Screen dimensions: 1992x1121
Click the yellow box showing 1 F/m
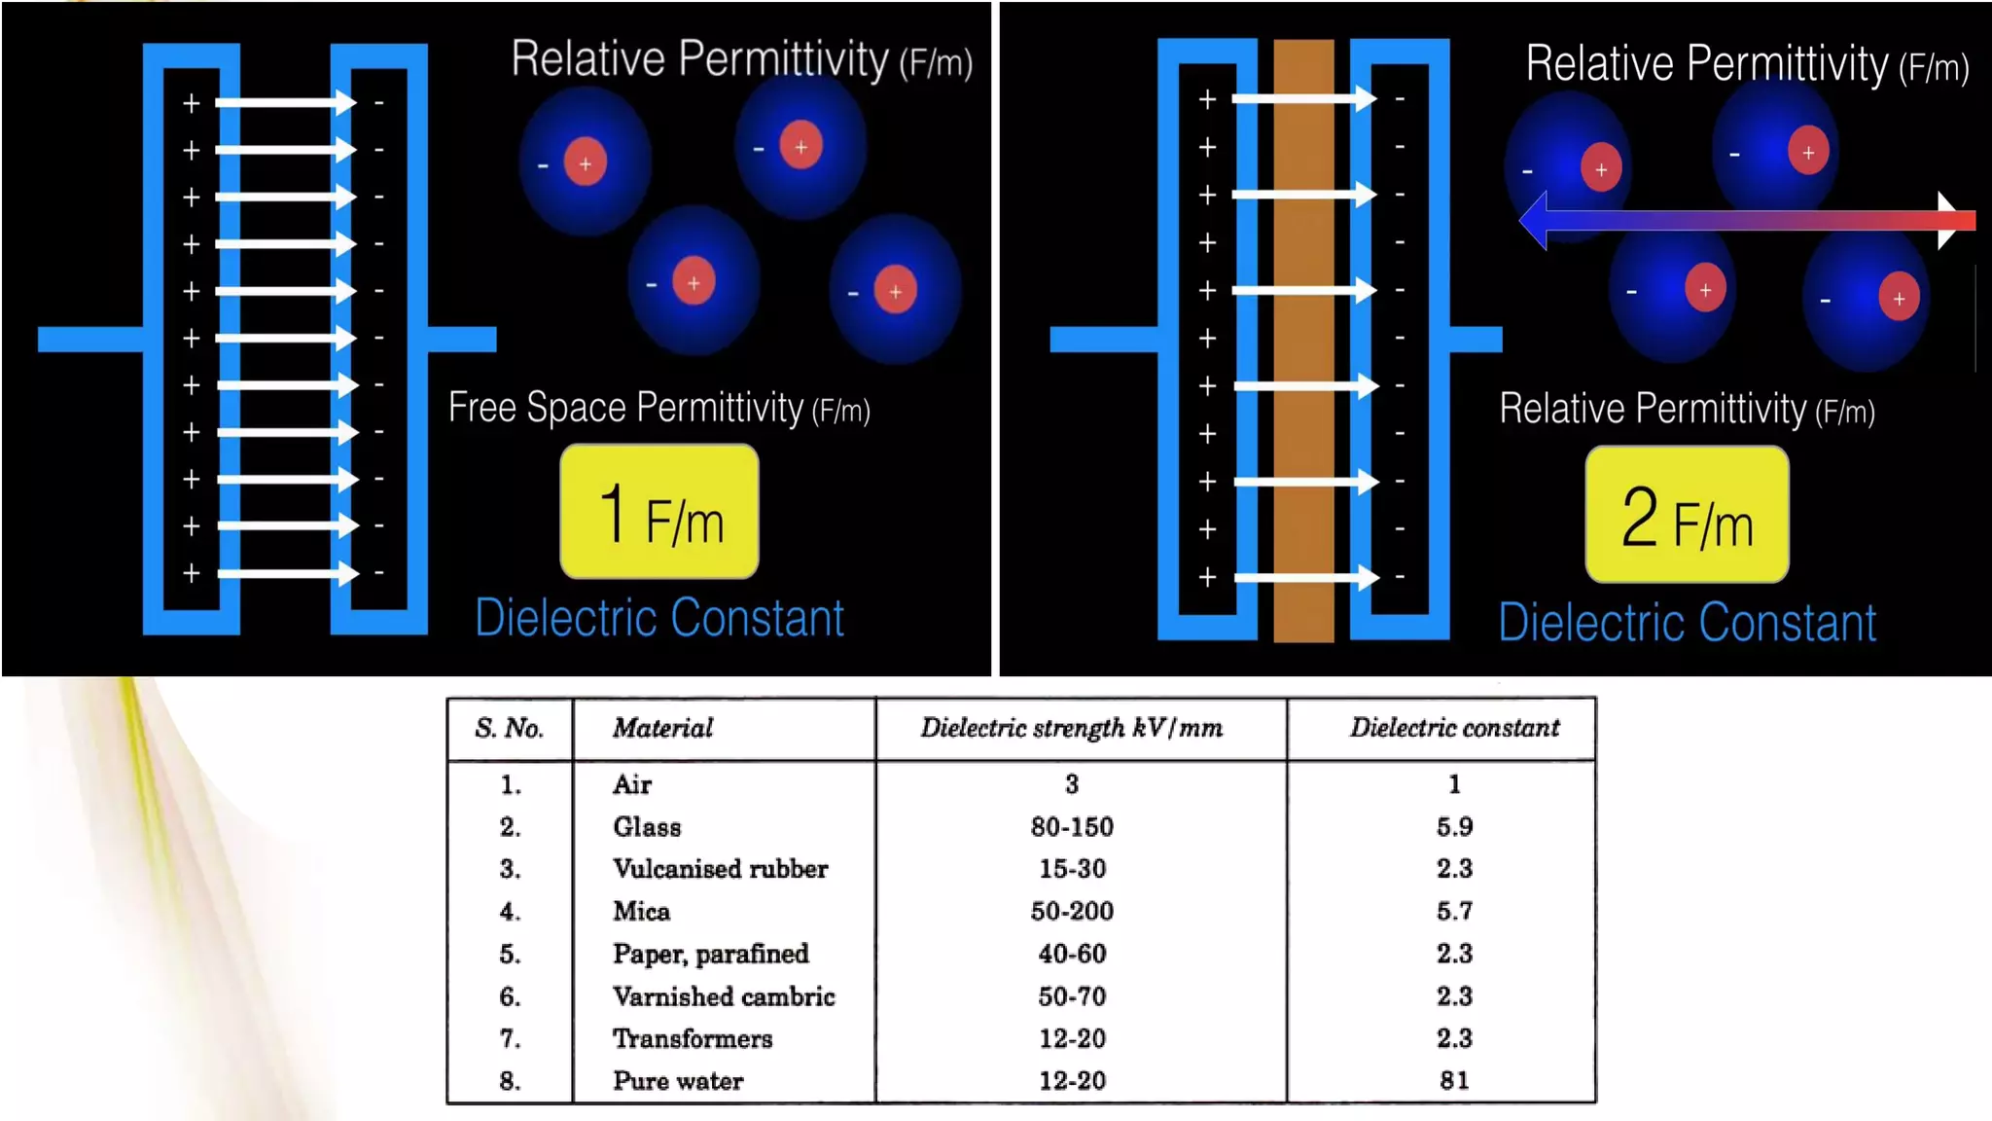659,512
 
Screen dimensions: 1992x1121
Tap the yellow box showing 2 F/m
1687,515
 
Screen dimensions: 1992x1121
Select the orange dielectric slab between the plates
1303,341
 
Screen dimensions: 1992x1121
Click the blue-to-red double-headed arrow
1747,221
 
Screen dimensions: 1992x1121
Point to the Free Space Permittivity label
658,408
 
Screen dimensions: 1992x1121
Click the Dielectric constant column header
1454,728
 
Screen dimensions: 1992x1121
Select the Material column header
662,728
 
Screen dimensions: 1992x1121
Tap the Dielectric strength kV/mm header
1071,728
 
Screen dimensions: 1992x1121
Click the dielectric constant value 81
1454,1080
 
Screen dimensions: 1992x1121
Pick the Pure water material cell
678,1080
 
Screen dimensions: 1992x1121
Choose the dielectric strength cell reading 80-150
1072,827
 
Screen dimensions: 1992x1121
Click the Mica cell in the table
641,911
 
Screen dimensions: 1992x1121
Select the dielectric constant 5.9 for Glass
1454,827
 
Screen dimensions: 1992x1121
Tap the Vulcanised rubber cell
720,869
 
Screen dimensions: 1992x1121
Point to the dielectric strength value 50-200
1072,911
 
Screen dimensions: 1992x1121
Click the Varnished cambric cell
724,996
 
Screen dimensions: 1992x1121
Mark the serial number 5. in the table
510,954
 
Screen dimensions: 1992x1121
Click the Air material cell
632,784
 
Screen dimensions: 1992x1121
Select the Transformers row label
693,1038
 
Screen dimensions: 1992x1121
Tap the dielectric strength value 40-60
1072,954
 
